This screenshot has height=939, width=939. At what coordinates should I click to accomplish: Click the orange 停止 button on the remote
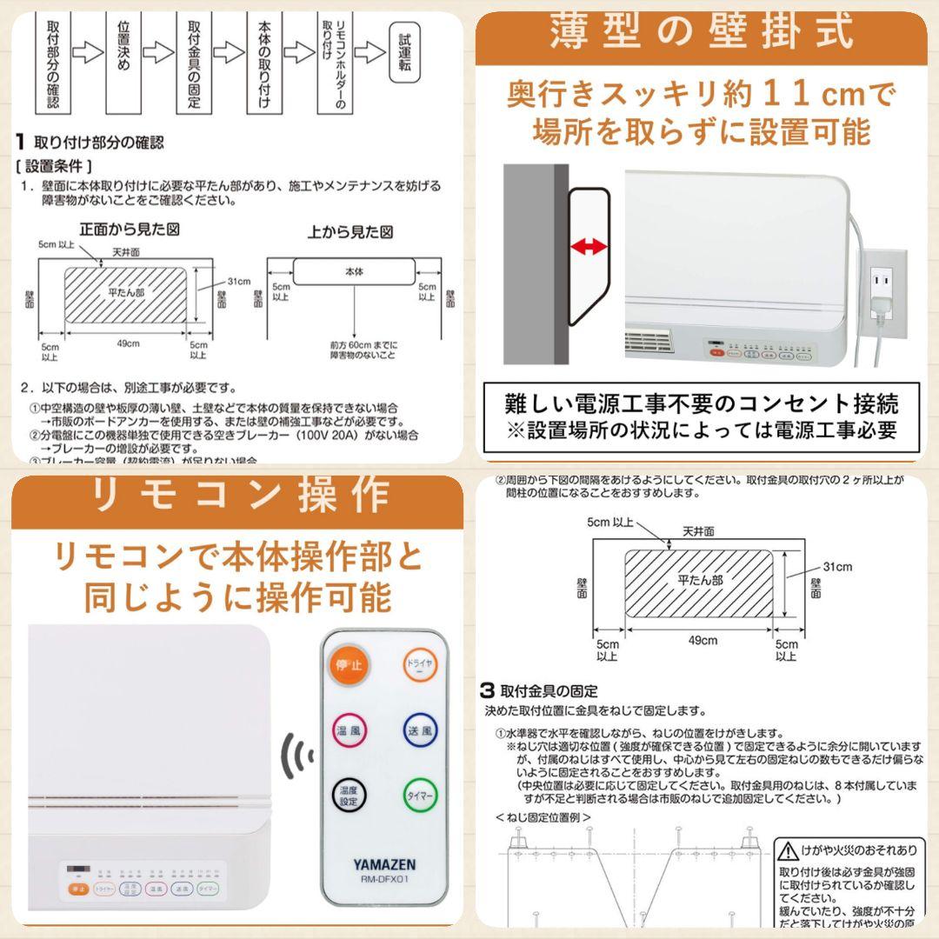tap(349, 667)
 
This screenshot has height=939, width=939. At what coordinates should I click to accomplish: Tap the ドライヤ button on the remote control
tap(419, 667)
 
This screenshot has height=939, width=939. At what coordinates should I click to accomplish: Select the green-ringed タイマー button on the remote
tap(420, 796)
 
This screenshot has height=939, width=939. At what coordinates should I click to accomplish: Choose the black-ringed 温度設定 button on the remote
tap(349, 796)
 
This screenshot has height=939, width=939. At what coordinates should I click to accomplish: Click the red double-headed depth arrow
tap(588, 248)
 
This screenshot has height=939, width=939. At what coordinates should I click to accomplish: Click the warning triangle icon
tap(789, 849)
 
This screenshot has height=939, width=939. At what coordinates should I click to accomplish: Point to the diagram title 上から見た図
tap(350, 232)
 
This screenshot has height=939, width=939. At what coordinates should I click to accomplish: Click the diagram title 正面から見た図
tap(129, 231)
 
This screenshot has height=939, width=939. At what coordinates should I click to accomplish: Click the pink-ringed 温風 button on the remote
tap(349, 730)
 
